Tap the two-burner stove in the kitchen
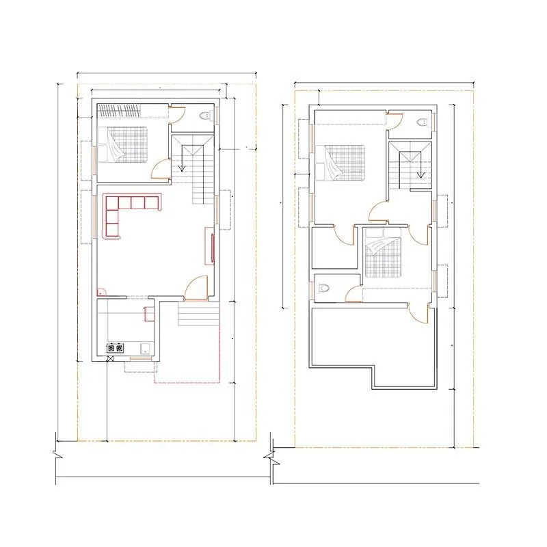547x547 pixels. [116, 349]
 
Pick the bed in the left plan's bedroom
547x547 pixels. [123, 145]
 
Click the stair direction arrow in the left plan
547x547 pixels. [183, 164]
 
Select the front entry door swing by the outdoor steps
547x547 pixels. [198, 287]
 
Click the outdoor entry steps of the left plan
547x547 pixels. [199, 316]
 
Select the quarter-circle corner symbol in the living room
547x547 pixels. [100, 291]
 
